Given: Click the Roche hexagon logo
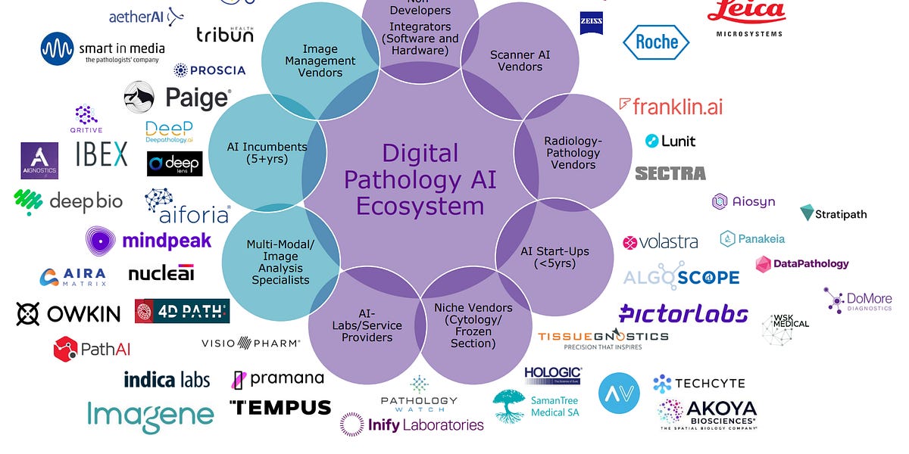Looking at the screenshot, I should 656,42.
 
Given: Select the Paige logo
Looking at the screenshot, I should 177,97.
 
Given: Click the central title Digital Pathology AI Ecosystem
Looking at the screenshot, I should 420,179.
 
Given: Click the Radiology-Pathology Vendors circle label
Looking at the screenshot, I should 573,153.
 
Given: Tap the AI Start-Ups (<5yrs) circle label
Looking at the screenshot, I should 554,257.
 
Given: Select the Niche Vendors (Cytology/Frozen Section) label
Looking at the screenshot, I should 473,325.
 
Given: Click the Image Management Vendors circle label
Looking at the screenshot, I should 320,61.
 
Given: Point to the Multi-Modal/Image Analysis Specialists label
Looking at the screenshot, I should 280,262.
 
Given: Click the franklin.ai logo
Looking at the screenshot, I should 671,106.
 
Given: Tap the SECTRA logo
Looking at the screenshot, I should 670,173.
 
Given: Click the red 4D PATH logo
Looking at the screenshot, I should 182,311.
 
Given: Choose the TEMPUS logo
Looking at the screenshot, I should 280,407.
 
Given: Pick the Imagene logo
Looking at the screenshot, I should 150,414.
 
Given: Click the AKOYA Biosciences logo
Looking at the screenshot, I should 708,412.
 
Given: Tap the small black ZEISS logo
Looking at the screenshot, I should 591,23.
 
